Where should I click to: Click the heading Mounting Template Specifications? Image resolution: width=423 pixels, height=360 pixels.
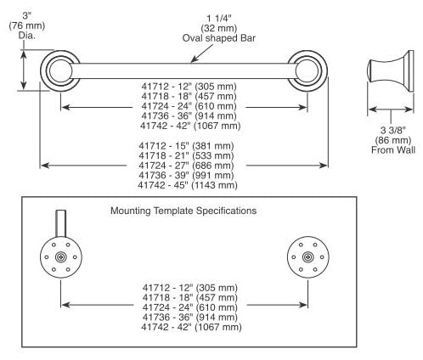point(183,211)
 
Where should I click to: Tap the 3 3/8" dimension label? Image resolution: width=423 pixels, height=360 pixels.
point(393,130)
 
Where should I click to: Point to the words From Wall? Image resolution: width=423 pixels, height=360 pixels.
point(393,149)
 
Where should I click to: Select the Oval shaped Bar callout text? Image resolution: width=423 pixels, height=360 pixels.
point(219,38)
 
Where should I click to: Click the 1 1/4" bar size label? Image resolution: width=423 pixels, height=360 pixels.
point(219,19)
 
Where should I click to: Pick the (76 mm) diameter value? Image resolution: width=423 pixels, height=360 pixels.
point(27,25)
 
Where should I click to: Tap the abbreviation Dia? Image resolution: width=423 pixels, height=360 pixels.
point(27,36)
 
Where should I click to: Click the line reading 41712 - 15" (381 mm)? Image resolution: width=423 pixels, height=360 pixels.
point(186,146)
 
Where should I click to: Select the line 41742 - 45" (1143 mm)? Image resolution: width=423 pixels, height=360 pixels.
point(188,185)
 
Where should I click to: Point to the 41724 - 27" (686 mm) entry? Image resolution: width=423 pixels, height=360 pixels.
point(186,166)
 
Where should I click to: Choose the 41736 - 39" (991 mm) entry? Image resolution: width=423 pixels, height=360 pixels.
point(186,175)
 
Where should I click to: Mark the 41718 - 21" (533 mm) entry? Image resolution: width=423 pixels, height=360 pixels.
point(186,155)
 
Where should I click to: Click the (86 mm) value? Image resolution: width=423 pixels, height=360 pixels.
point(393,140)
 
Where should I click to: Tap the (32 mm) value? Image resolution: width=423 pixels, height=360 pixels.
point(219,28)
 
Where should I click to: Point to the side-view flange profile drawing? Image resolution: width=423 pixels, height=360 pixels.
point(391,70)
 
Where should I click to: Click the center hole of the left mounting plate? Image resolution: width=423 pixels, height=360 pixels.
point(60,257)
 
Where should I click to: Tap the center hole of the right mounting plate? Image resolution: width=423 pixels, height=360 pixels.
point(307,257)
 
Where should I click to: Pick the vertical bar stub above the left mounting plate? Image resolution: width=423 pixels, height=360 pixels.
point(61,223)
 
